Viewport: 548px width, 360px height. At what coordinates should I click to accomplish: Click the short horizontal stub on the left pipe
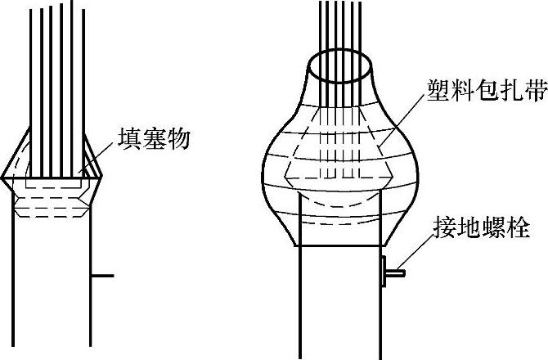coord(101,276)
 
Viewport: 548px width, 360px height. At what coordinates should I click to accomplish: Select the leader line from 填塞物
coord(99,155)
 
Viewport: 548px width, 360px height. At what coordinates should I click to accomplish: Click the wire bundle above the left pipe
coord(57,65)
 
